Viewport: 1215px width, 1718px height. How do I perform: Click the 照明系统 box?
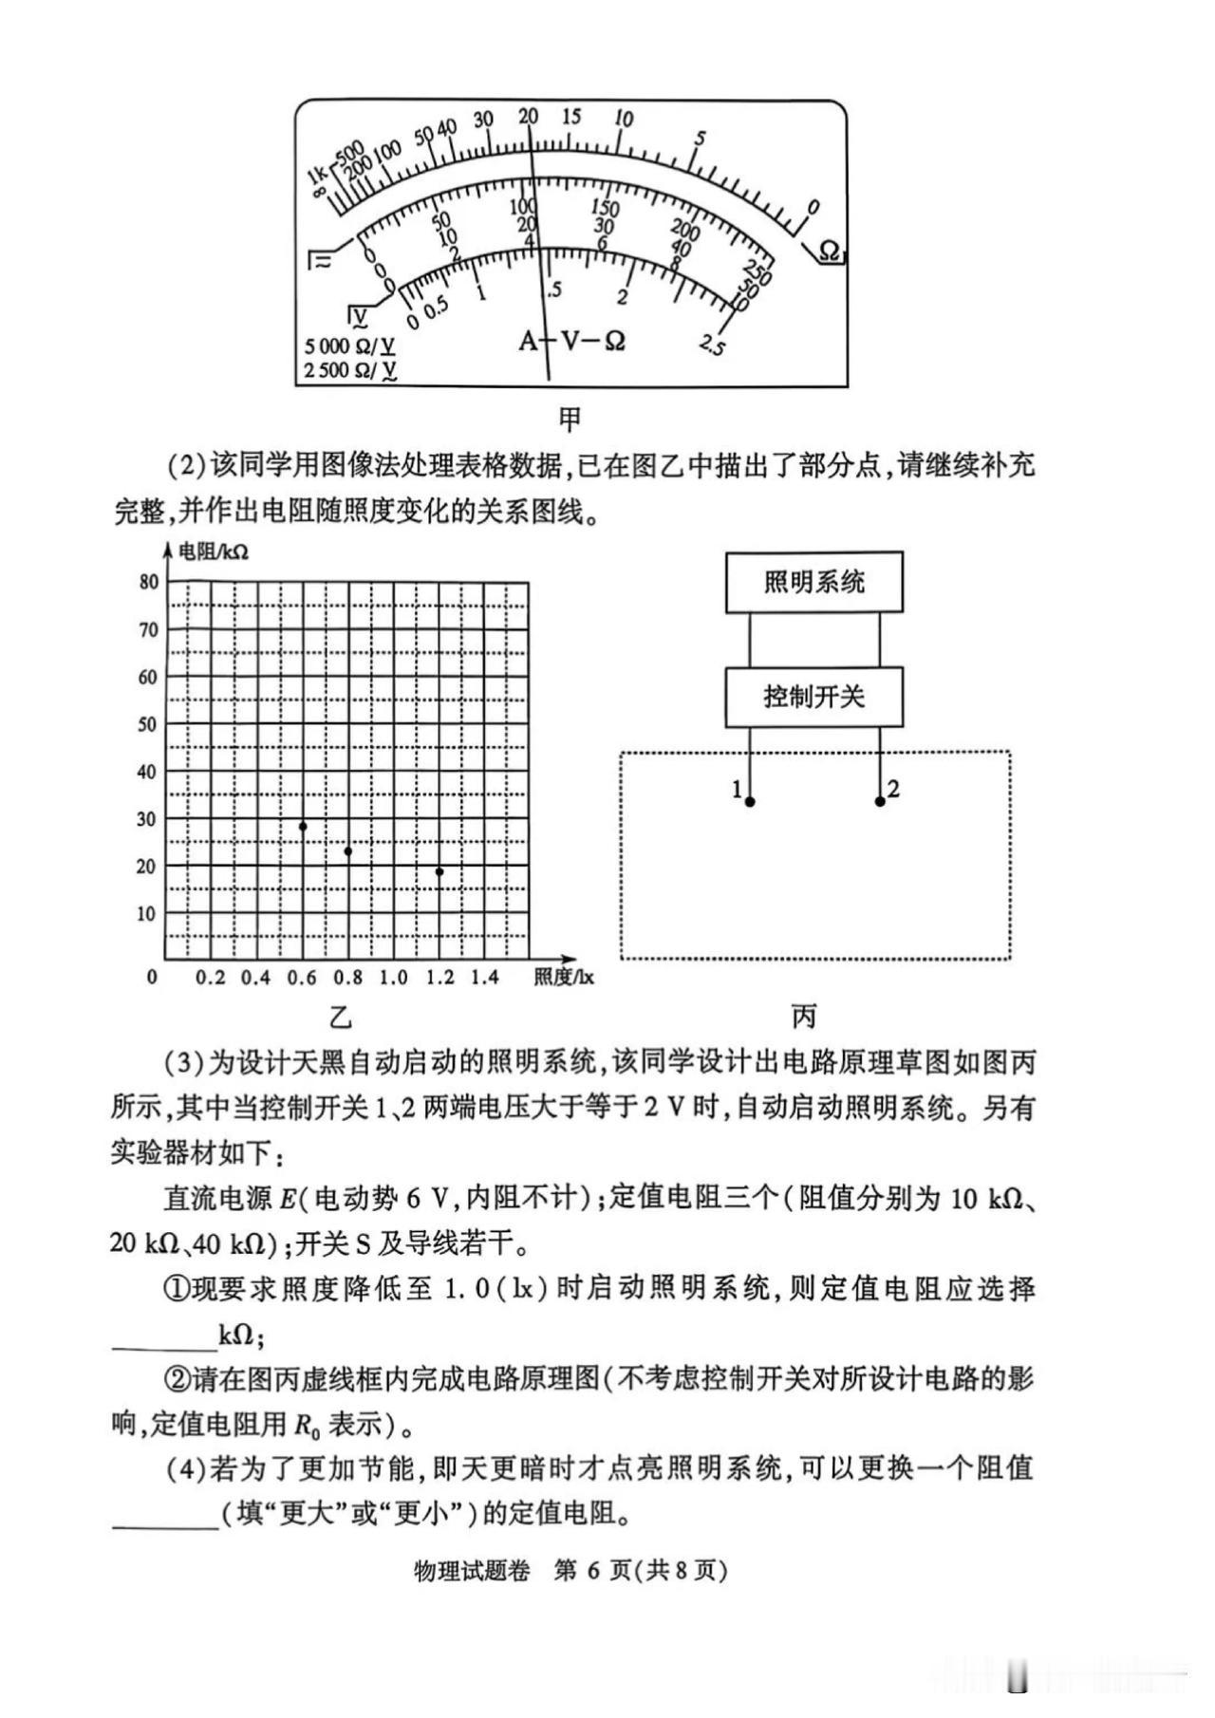[813, 582]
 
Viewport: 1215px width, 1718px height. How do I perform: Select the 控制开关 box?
[813, 697]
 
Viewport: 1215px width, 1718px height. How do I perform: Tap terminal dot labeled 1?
[750, 802]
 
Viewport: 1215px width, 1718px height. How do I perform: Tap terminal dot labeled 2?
[880, 802]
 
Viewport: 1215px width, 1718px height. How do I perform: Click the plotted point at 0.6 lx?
[303, 826]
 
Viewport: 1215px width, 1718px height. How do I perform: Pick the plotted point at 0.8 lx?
[348, 851]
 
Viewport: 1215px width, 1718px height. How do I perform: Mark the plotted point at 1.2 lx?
[439, 871]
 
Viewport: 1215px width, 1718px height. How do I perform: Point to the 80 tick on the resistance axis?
[148, 582]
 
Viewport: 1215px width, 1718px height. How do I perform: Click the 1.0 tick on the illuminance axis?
[393, 978]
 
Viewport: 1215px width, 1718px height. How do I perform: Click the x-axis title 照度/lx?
[563, 978]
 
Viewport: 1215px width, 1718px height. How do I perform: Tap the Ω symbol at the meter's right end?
[829, 251]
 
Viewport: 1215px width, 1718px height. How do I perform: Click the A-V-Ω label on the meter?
[572, 340]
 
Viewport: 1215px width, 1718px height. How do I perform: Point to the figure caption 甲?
[570, 419]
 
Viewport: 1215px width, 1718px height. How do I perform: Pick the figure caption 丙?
[804, 1017]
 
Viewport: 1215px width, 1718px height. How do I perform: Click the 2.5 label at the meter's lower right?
[712, 345]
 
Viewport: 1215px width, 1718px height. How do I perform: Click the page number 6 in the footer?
[593, 1571]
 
